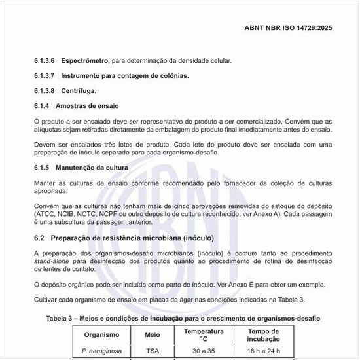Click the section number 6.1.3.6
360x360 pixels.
click(x=45, y=61)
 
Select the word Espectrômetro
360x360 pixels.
click(x=86, y=61)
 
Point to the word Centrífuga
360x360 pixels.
click(x=79, y=90)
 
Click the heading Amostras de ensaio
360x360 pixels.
click(x=87, y=105)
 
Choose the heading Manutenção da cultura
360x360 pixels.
click(x=92, y=168)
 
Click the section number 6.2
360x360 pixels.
click(x=39, y=238)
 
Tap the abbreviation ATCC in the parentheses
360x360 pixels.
click(x=45, y=214)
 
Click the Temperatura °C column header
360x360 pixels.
click(x=204, y=335)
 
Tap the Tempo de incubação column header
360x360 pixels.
click(x=263, y=335)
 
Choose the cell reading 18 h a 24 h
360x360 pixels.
click(x=263, y=352)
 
